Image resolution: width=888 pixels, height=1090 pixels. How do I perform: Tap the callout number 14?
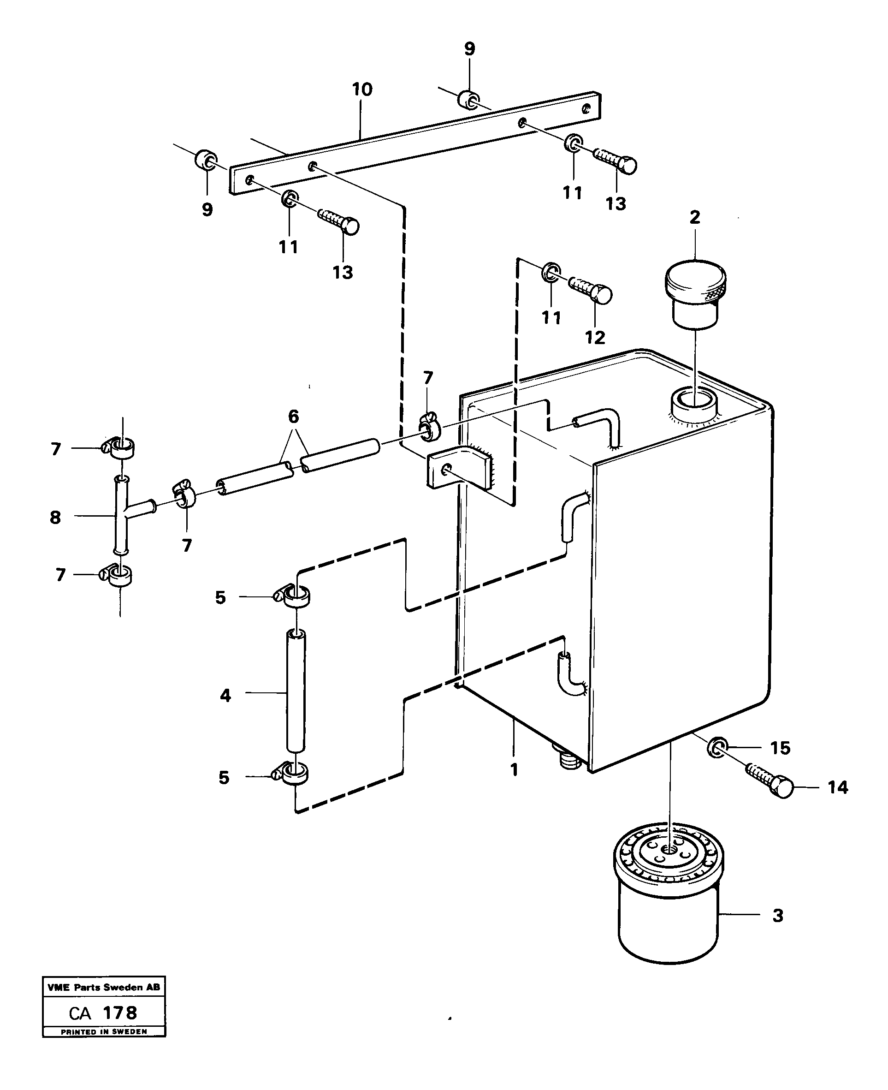pos(837,787)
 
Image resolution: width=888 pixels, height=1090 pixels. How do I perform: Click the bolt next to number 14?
pos(770,780)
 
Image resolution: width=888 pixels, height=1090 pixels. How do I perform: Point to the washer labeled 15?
pos(716,748)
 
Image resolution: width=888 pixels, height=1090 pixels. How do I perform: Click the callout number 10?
pos(362,89)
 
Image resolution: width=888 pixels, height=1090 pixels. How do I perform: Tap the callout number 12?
pos(595,337)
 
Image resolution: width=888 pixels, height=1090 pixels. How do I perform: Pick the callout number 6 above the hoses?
pos(294,416)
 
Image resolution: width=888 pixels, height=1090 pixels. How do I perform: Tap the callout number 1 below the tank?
pos(515,770)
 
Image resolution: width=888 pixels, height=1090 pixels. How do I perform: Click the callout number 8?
pos(55,518)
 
